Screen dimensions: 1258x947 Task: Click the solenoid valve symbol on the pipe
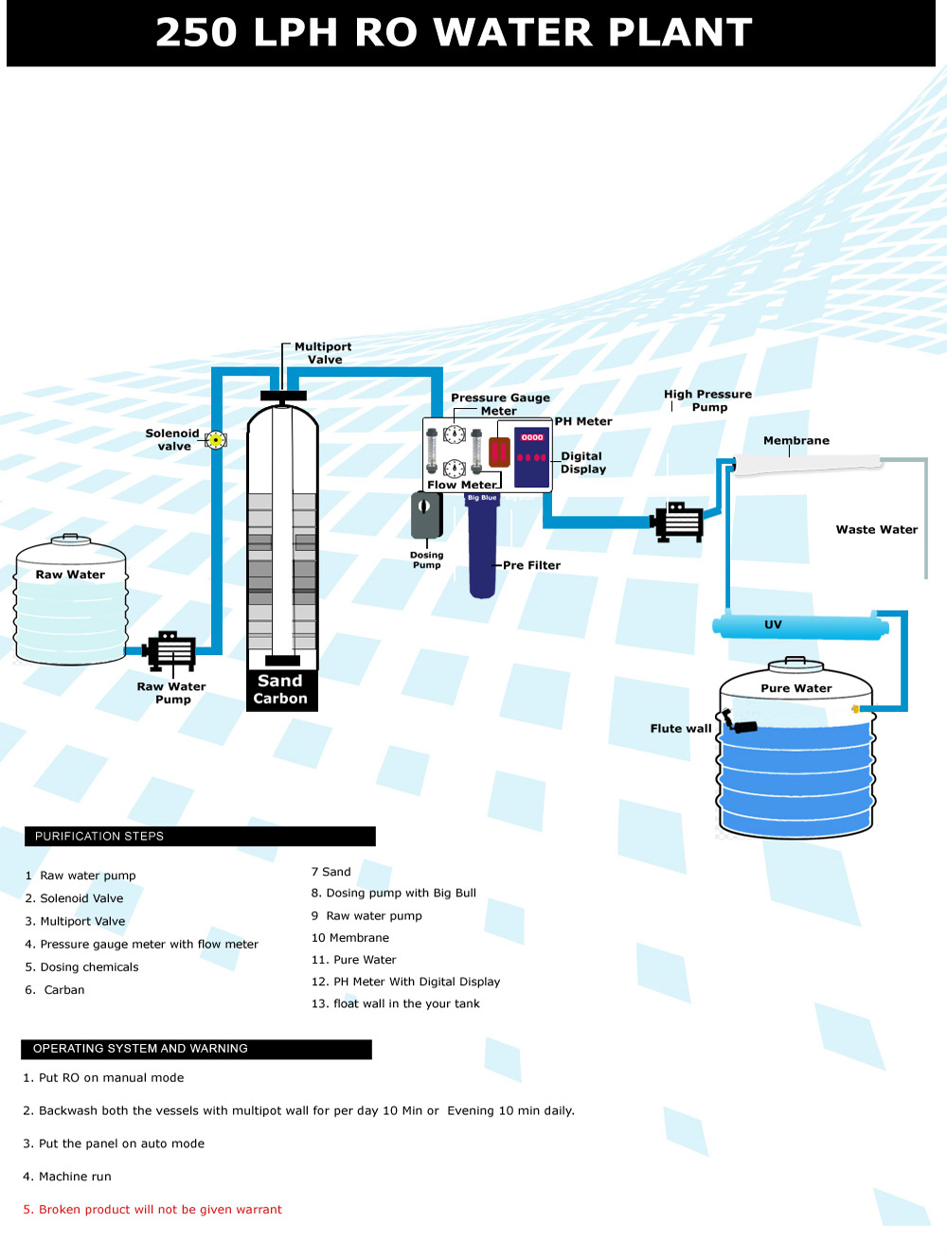point(216,439)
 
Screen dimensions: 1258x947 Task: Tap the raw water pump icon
point(170,651)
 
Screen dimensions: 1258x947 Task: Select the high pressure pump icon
point(678,522)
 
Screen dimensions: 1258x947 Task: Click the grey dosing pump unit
point(425,515)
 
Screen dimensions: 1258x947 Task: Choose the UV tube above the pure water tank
point(800,626)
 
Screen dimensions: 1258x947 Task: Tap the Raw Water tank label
point(70,575)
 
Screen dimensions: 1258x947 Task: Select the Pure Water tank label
point(796,688)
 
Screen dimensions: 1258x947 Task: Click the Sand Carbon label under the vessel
point(280,690)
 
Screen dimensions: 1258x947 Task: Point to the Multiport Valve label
point(323,353)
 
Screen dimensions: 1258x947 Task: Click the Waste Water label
point(877,530)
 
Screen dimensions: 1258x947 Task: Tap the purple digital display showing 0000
point(532,457)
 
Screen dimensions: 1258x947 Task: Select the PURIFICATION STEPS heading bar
point(200,837)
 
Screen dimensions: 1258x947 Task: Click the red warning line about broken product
point(152,1210)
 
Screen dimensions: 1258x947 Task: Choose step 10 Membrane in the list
point(350,938)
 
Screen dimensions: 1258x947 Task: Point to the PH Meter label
point(583,421)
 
